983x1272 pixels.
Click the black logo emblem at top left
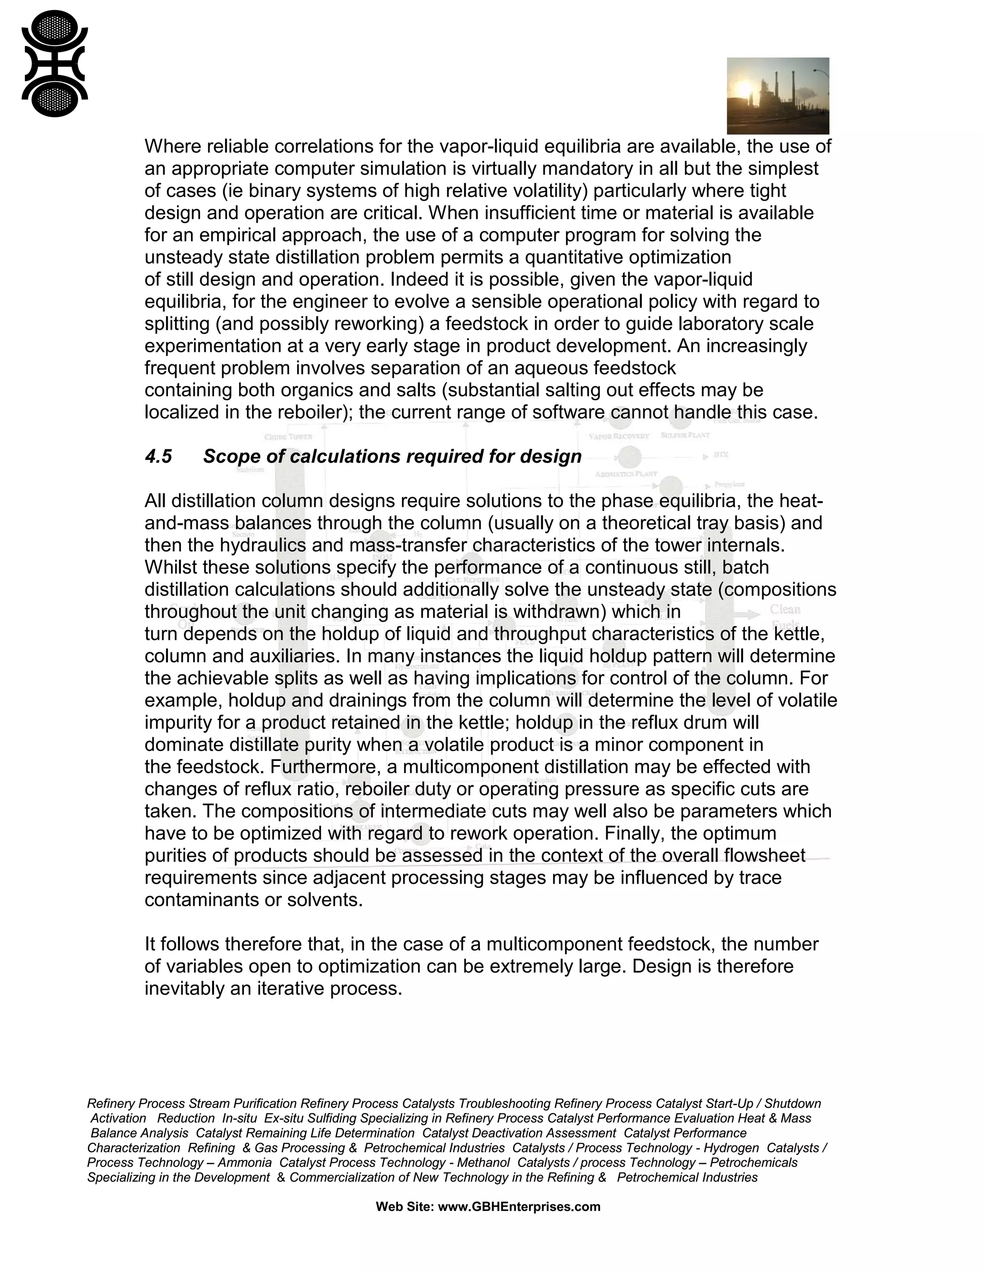(x=55, y=63)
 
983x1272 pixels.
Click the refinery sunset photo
(x=778, y=96)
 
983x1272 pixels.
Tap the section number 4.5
(x=158, y=456)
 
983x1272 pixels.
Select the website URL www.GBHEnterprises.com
(x=519, y=1206)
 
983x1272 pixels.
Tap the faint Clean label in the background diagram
(x=785, y=609)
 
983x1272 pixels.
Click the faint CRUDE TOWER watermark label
(x=288, y=437)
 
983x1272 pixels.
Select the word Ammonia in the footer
(x=245, y=1162)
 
